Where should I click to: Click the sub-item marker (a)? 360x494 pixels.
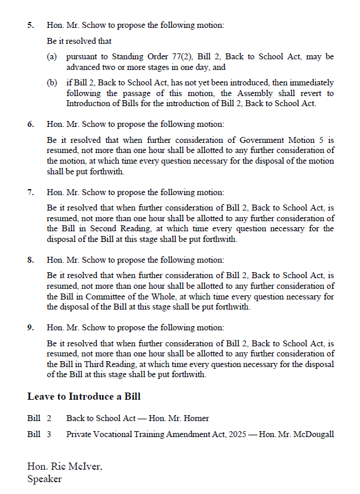point(52,57)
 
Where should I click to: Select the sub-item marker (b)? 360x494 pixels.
point(52,83)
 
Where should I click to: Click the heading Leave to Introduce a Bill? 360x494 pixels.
point(84,396)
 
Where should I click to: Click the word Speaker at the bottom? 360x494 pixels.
point(44,479)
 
